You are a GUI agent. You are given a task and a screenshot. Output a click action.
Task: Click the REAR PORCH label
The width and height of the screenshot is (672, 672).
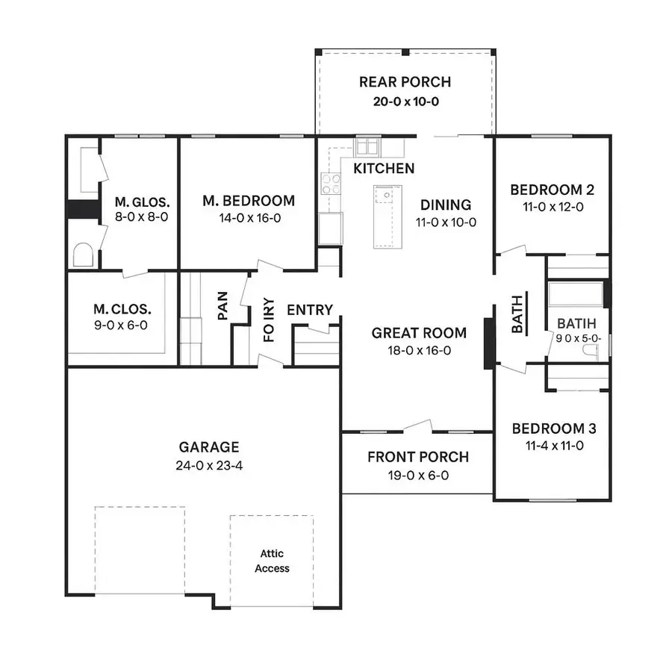(405, 82)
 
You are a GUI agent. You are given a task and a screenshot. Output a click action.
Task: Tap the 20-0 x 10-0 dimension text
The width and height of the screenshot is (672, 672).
(405, 101)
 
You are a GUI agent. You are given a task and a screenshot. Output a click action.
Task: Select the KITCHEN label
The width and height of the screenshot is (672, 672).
(384, 169)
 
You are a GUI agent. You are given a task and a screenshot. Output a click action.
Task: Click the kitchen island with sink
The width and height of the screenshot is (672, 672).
(386, 217)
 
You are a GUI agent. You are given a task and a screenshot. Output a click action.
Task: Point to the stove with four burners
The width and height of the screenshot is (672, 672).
(331, 184)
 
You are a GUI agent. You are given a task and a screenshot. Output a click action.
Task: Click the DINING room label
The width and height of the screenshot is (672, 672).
(446, 205)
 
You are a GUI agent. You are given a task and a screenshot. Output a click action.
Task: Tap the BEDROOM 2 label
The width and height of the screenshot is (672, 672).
(552, 190)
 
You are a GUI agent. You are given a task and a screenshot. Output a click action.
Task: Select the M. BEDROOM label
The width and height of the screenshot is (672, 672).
(249, 201)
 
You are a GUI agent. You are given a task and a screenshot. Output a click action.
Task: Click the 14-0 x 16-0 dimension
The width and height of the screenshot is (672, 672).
(249, 219)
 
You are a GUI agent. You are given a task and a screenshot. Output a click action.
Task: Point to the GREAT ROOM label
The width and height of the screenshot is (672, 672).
(419, 333)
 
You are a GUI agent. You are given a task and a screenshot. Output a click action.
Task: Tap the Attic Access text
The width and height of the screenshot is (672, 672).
(272, 561)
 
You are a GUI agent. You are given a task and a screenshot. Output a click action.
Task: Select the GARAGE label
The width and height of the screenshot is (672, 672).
(209, 447)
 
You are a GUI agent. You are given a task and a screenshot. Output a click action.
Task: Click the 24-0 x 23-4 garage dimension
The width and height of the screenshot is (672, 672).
(209, 465)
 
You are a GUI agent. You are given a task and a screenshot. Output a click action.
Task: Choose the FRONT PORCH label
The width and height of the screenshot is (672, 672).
(418, 457)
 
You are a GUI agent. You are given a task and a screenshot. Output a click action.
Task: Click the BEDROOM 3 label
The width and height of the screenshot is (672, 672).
(553, 429)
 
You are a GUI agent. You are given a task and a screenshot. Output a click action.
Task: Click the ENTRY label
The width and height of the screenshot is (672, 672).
(310, 310)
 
